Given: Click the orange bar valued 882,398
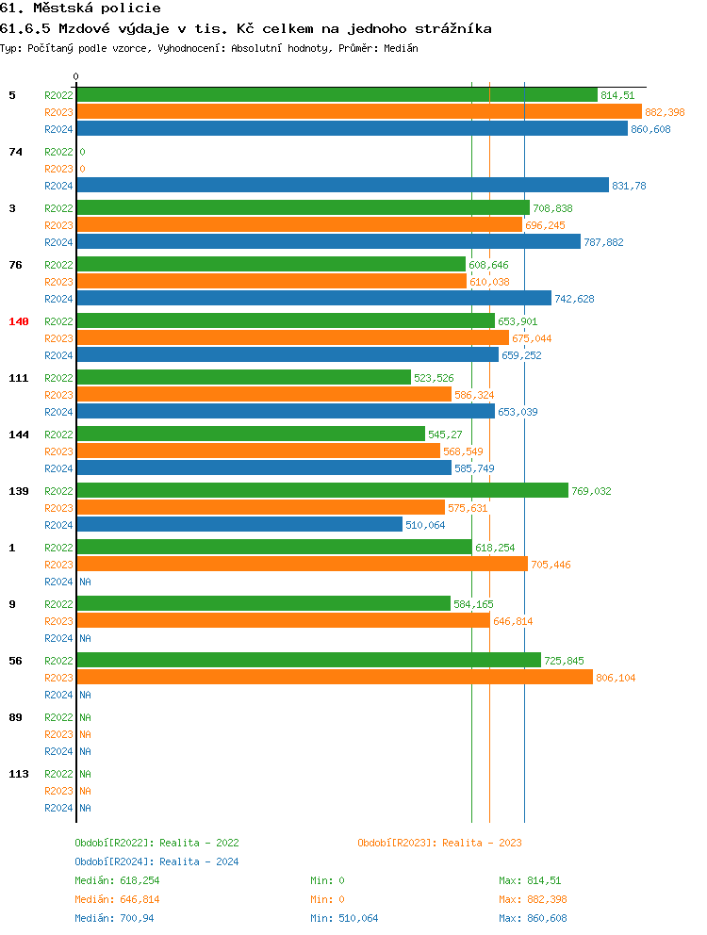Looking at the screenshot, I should pos(358,111).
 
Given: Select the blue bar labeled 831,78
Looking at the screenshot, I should pos(342,185).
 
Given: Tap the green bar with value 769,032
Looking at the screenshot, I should pos(322,490).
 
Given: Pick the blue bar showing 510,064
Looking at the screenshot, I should pos(239,524).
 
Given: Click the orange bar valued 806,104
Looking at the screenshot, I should pos(335,677).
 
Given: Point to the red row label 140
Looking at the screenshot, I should pos(19,321).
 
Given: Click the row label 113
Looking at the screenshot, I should pos(19,774).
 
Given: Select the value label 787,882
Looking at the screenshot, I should pos(603,242).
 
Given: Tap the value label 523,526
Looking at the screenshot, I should pos(434,378).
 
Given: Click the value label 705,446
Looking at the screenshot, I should pos(551,565).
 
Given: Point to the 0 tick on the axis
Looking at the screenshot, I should pos(76,76).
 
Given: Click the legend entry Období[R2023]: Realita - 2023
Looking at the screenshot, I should pos(439,843).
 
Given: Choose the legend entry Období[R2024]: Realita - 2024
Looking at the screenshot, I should pos(156,861).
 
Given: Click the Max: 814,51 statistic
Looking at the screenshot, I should pos(530,880).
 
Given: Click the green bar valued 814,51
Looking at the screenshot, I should pos(337,94).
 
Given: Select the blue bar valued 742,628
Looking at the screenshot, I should pos(314,298).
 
